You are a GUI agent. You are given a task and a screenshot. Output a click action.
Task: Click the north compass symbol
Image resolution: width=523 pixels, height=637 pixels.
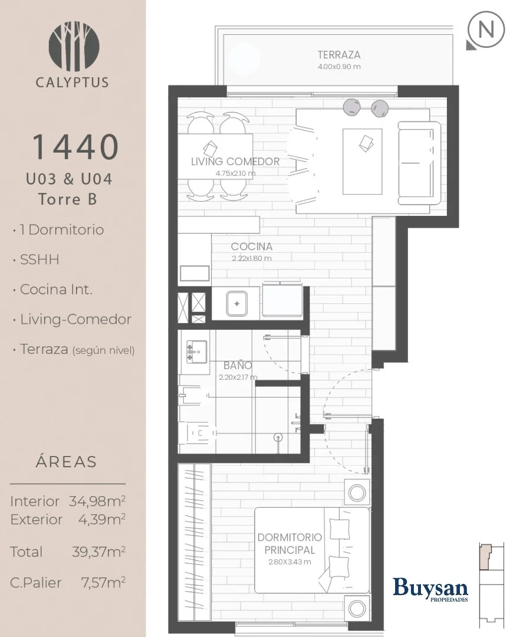point(486,31)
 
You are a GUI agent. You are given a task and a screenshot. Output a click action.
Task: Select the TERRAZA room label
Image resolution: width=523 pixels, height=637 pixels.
point(338,55)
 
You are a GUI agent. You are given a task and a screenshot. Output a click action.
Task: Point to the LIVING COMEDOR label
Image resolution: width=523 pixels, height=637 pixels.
point(235,162)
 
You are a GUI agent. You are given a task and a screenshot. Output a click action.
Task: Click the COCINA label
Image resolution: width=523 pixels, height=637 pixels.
point(251,247)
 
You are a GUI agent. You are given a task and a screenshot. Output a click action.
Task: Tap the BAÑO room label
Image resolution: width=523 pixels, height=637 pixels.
point(238,365)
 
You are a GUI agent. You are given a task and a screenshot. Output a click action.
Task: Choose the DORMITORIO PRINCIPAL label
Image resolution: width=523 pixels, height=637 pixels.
point(290,544)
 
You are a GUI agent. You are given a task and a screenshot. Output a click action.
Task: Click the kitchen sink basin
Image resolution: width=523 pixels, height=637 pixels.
point(236,304)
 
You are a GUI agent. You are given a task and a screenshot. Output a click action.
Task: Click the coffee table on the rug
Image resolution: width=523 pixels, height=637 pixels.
point(362,162)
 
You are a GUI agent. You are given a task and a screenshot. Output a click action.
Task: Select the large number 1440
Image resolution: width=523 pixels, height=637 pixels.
point(75,147)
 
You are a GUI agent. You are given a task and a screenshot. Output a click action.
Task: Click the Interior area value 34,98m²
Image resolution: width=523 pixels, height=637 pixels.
point(97,501)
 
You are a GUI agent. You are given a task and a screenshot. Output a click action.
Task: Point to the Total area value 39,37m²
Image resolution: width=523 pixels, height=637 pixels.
point(98,551)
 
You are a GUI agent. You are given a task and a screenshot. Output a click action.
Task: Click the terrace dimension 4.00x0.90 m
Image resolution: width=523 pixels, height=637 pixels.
point(338,67)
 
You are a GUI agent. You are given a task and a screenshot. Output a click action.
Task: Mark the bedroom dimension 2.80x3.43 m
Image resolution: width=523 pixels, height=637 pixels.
point(290,562)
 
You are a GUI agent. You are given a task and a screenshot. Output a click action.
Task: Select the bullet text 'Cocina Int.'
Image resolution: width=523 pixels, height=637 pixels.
point(56,290)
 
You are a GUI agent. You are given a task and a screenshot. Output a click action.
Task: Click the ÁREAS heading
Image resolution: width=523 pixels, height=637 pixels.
point(66,461)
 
